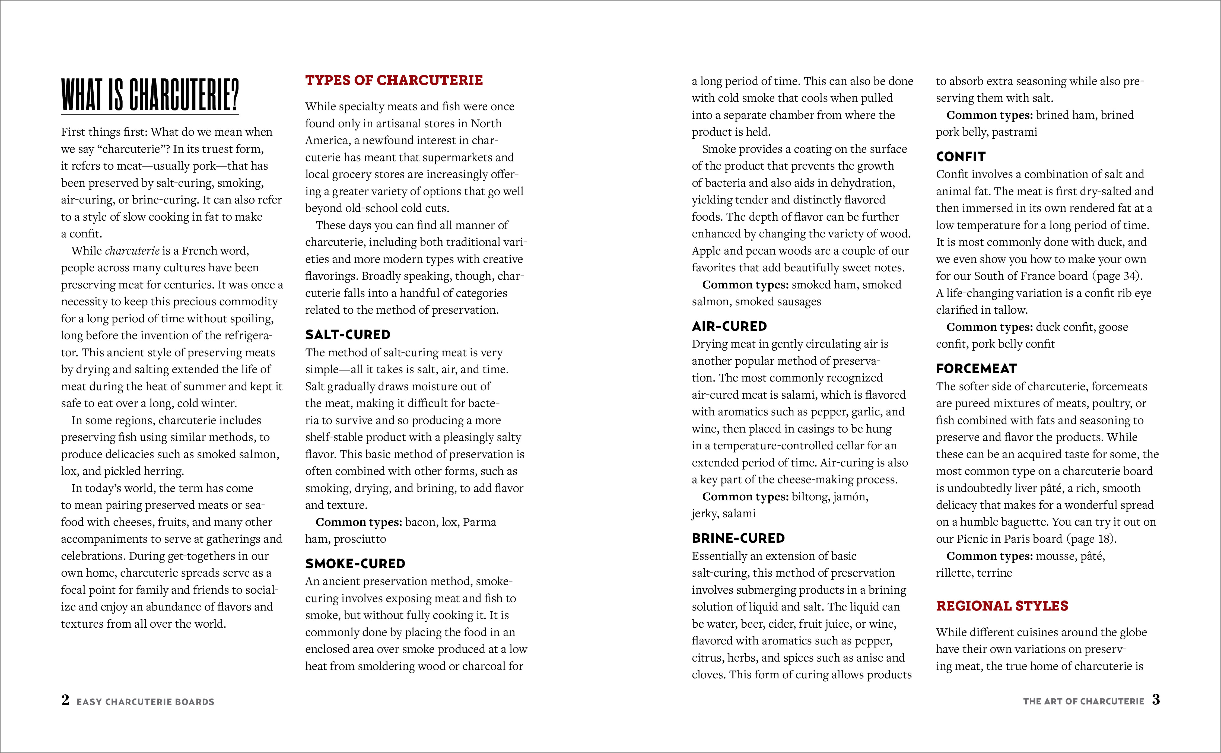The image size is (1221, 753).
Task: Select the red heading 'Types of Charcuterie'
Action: (394, 80)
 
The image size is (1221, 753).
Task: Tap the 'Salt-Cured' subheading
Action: (348, 335)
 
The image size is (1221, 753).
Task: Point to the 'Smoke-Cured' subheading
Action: (355, 564)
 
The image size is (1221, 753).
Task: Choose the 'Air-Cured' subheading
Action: (729, 326)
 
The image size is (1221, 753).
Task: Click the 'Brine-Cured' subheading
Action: (738, 538)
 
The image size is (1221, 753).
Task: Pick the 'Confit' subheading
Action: (961, 157)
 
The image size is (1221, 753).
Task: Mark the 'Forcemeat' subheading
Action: (976, 368)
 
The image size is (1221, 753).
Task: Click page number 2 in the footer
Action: (65, 700)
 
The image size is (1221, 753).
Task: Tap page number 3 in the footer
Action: (1156, 700)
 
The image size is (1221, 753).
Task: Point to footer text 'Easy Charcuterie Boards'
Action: (145, 702)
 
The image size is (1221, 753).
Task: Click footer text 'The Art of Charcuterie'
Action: (1083, 701)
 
